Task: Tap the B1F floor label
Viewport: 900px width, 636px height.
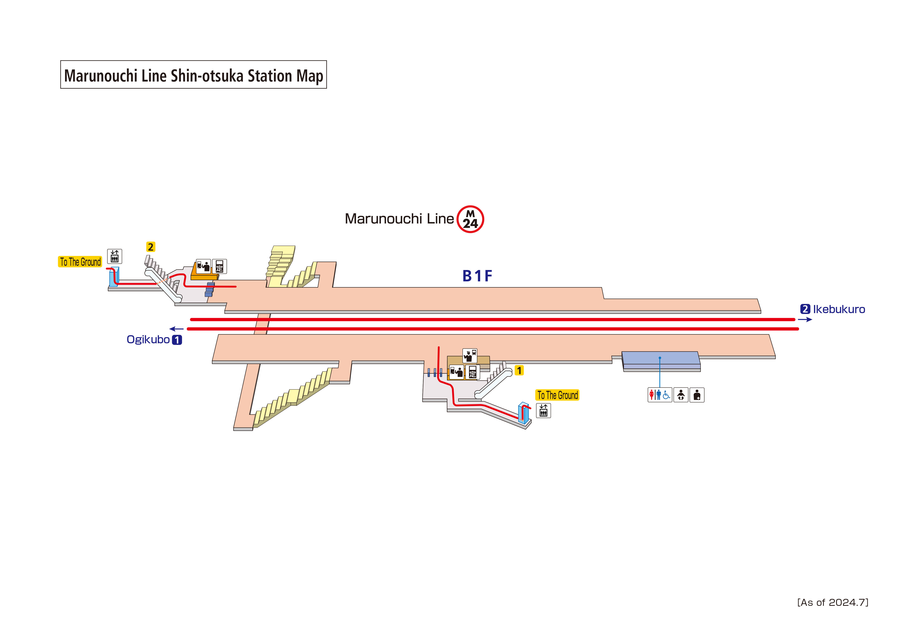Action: click(477, 276)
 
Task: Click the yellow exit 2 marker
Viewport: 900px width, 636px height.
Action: click(150, 247)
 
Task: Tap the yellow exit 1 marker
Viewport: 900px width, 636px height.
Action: click(519, 370)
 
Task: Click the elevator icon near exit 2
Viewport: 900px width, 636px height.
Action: click(114, 256)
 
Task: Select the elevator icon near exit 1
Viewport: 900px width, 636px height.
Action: click(543, 411)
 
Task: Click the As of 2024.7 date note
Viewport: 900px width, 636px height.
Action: click(833, 602)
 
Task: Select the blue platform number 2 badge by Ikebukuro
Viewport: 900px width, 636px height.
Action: click(805, 309)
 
